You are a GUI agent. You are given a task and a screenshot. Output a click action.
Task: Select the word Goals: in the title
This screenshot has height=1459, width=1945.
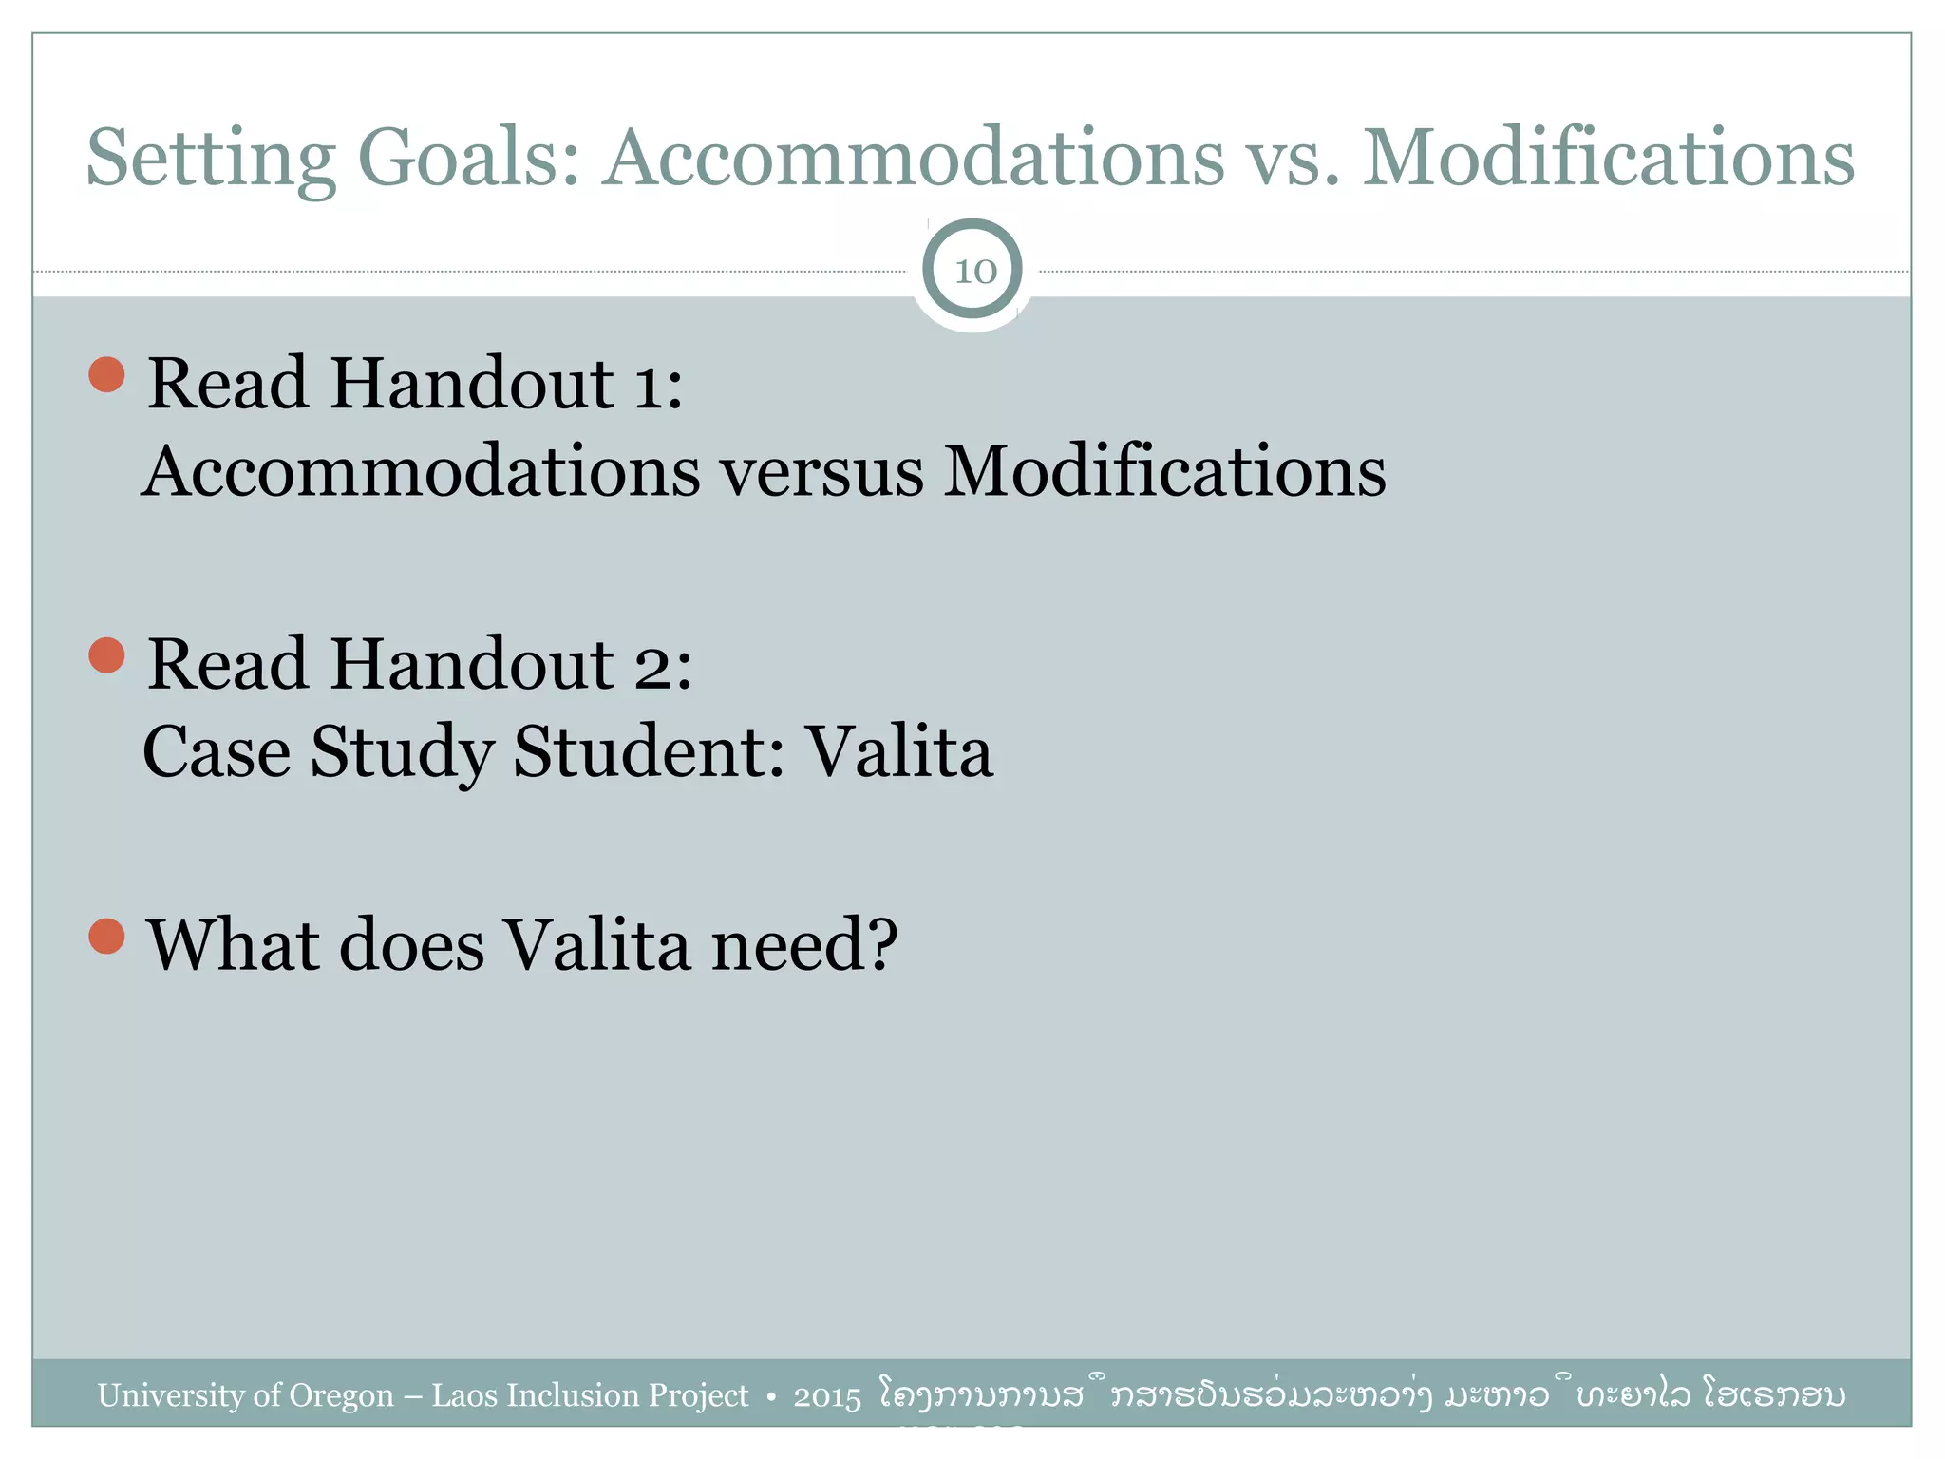point(468,158)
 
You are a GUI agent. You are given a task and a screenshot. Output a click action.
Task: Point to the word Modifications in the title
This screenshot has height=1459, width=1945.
point(1608,158)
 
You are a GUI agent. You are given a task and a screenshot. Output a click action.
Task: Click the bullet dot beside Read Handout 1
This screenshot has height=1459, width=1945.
point(107,374)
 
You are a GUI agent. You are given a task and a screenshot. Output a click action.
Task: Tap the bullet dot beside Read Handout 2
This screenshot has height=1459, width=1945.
point(107,655)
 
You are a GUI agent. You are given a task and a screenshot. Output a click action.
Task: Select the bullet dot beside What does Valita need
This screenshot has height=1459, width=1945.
point(107,936)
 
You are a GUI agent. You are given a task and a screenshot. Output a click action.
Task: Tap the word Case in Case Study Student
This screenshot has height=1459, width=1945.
point(217,752)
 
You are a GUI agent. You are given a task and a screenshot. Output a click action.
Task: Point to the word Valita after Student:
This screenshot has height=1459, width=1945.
point(899,752)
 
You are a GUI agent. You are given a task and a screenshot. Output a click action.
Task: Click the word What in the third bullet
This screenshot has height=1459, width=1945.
point(234,946)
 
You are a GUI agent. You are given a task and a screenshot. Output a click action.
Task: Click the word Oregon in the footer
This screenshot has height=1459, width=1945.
point(341,1395)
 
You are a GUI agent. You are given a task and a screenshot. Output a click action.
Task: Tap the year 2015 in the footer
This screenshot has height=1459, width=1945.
point(826,1397)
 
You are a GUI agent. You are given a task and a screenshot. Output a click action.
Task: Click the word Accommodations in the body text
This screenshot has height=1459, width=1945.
point(421,472)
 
